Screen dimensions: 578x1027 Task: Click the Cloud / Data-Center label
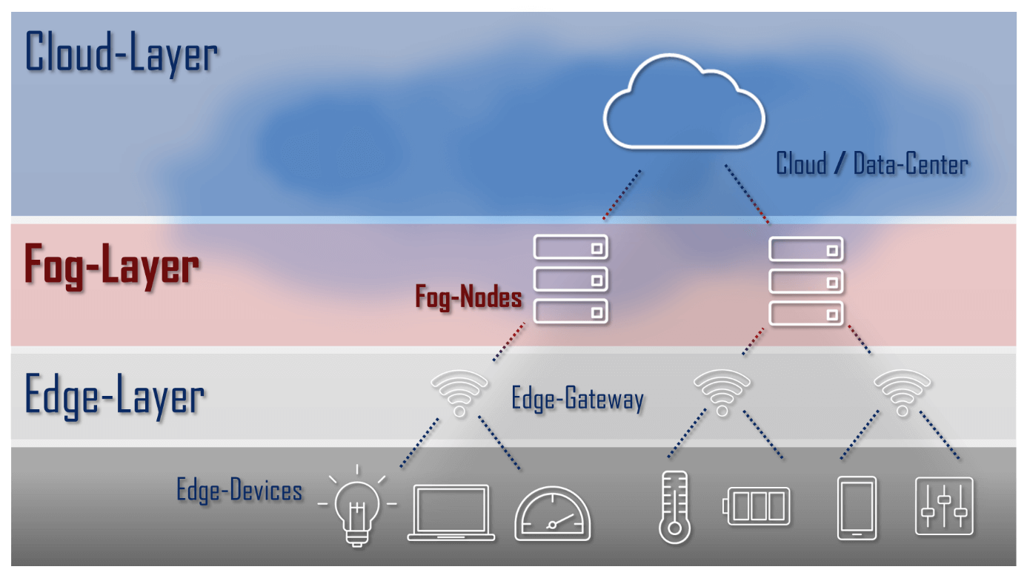pyautogui.click(x=871, y=163)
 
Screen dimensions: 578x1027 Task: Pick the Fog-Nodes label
pyautogui.click(x=468, y=298)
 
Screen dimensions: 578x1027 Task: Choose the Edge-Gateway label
pyautogui.click(x=577, y=399)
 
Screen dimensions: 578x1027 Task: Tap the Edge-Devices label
pyautogui.click(x=239, y=490)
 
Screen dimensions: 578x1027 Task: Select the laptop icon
pyautogui.click(x=451, y=511)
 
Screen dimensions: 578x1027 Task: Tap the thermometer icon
pyautogui.click(x=673, y=508)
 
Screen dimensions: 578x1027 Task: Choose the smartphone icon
pyautogui.click(x=856, y=508)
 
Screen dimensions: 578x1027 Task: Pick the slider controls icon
pyautogui.click(x=944, y=506)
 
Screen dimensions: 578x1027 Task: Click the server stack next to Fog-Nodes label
pyautogui.click(x=571, y=278)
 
